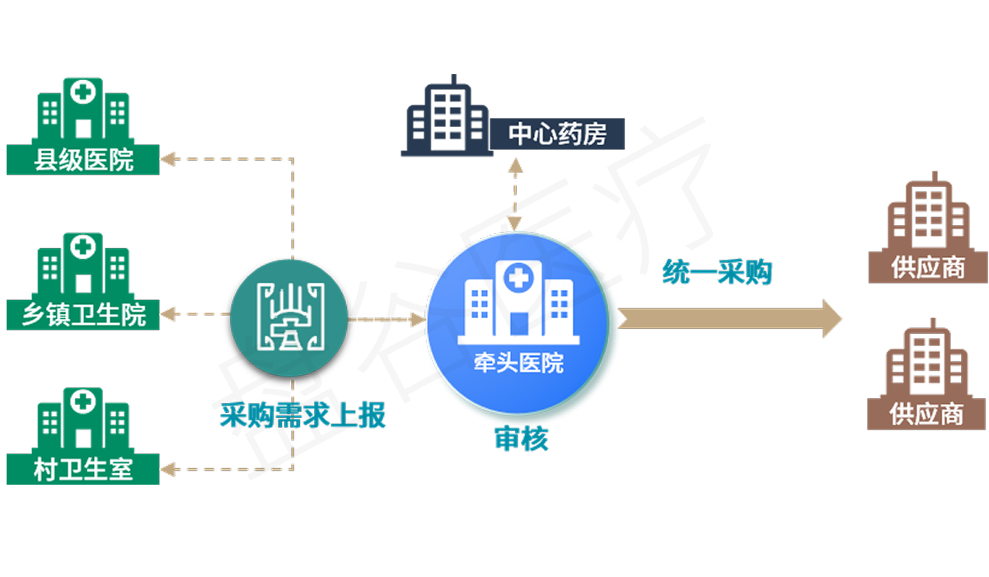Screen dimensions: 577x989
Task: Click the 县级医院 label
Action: [x=83, y=159]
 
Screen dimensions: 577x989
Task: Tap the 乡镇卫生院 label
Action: [x=83, y=314]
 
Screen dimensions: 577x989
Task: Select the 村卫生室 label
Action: [x=83, y=470]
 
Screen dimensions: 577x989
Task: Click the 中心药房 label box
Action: [x=557, y=134]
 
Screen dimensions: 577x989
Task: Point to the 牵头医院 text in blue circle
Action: [x=518, y=363]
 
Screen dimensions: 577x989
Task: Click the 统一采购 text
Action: [x=717, y=272]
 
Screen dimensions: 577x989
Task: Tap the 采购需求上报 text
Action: [x=302, y=415]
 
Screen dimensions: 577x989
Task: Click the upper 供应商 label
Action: [x=927, y=268]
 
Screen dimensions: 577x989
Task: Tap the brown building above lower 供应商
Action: [x=927, y=363]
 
